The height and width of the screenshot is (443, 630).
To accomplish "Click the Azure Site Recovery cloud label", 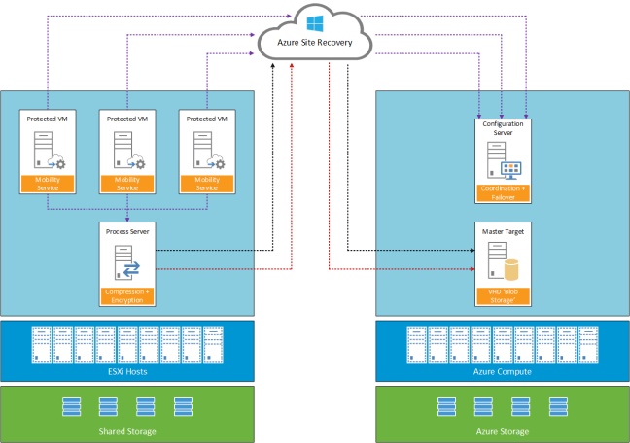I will click(x=315, y=42).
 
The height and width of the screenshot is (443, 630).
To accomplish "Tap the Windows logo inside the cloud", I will click(x=315, y=21).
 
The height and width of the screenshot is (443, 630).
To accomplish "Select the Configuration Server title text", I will click(x=502, y=127).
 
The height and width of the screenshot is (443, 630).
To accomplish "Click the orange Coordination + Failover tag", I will click(x=502, y=191).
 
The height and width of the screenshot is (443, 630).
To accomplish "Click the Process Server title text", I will click(x=128, y=232).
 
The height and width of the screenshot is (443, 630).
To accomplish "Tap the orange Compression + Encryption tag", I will click(x=128, y=296).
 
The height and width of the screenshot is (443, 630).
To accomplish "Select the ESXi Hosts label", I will click(x=127, y=371).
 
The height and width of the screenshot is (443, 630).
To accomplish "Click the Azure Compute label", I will click(x=503, y=371).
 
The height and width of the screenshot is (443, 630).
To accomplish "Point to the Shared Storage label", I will click(x=127, y=430).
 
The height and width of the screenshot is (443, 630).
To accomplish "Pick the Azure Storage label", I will click(x=503, y=430).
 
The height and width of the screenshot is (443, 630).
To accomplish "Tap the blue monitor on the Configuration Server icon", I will click(x=511, y=167).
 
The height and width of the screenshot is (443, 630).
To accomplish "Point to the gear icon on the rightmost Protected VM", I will click(x=221, y=162).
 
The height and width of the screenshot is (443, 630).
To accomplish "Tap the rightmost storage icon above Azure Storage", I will click(x=557, y=406).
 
